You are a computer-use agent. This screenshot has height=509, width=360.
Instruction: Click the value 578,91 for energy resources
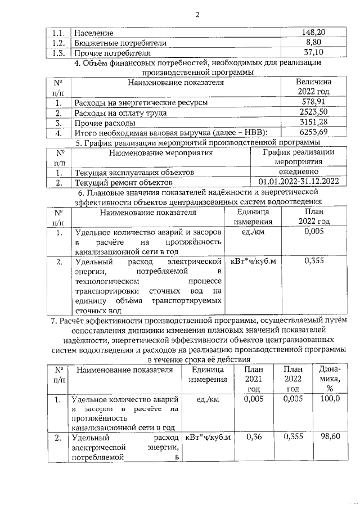click(x=313, y=102)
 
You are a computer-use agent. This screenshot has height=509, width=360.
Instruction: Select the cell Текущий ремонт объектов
click(x=123, y=182)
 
